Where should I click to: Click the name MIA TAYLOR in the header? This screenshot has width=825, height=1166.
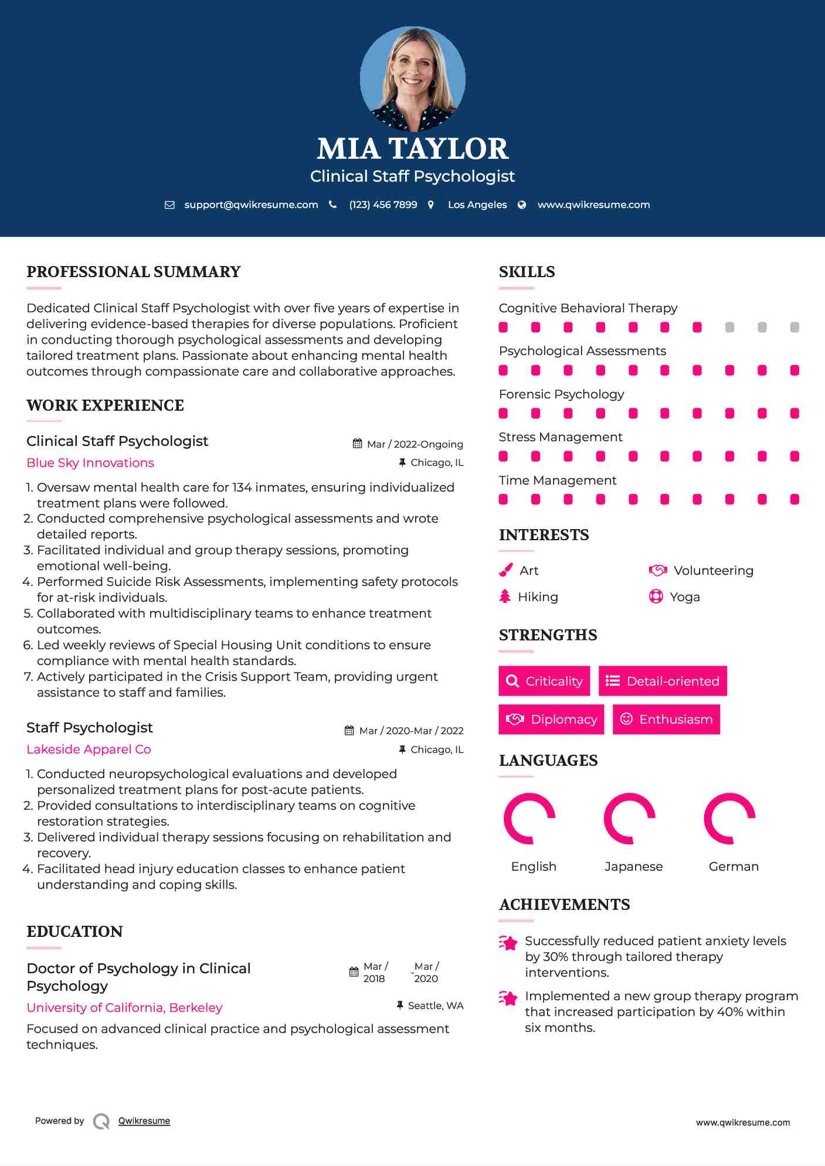412,149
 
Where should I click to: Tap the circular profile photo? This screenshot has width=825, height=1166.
412,79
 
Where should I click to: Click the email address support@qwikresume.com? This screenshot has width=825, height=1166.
251,204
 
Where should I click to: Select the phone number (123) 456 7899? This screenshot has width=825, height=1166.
383,204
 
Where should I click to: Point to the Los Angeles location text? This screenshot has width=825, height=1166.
477,204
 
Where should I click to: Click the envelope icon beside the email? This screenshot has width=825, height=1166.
169,204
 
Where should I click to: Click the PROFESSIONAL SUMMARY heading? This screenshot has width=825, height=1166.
134,272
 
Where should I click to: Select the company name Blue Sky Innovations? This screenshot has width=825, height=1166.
90,463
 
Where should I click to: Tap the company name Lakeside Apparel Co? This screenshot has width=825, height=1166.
89,749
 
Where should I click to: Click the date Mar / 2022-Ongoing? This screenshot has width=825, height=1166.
415,444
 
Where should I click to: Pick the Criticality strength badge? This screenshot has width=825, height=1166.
544,681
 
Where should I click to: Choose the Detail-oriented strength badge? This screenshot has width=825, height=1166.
663,681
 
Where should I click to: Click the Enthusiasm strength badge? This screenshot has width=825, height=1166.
666,719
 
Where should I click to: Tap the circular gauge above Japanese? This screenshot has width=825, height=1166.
630,819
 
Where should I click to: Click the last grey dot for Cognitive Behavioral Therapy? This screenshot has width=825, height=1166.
795,327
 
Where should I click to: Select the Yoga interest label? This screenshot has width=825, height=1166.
684,597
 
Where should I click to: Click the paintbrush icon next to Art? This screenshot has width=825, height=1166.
505,570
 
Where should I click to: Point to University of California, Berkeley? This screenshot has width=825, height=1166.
124,1008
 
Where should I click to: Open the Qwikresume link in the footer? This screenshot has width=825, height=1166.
144,1121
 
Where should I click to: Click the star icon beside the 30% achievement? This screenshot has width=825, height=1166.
508,943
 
